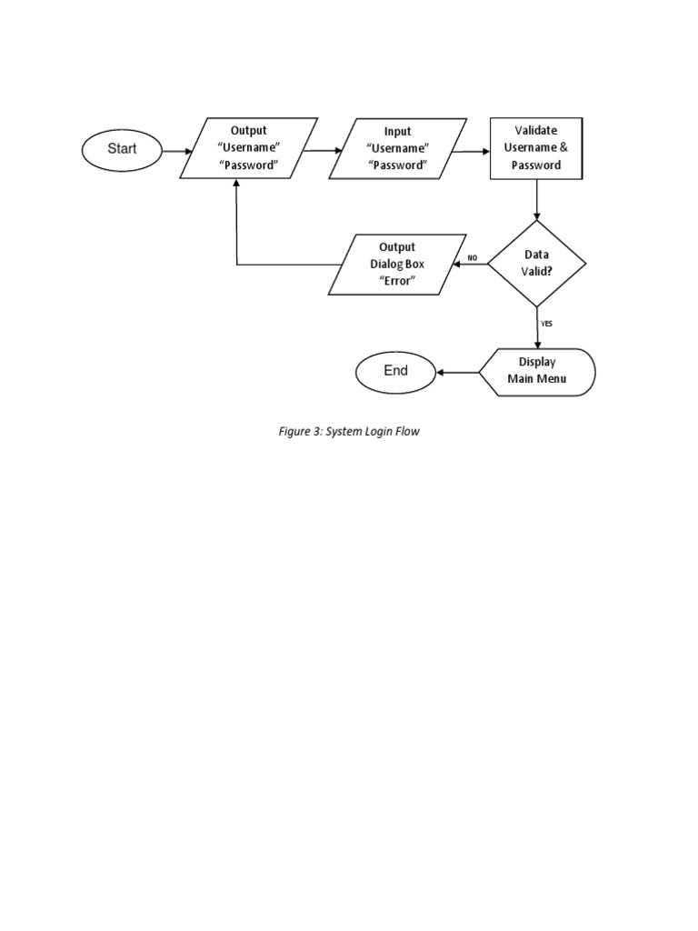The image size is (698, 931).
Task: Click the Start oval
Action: (122, 149)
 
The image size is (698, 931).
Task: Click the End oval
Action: (395, 371)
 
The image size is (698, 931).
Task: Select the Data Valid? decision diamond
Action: (536, 264)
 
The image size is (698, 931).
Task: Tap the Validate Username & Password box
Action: (536, 148)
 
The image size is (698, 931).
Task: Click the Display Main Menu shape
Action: (538, 372)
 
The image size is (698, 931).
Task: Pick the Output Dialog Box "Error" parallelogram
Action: (396, 264)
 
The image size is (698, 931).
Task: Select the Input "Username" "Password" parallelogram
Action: (397, 148)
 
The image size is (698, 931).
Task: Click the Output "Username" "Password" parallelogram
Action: (249, 148)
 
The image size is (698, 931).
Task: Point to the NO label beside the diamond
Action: (472, 258)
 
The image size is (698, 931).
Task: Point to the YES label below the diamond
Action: (546, 323)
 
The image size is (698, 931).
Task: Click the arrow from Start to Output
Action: (177, 150)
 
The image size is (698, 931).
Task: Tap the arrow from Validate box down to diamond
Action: (537, 199)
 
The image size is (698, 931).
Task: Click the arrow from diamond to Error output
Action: (470, 265)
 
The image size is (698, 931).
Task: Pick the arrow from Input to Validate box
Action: (470, 152)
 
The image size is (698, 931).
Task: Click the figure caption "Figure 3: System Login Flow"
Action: (349, 432)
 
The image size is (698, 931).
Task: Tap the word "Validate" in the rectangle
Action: (536, 131)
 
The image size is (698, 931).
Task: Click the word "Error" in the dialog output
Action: (397, 281)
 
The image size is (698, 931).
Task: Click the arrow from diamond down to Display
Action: (537, 327)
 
